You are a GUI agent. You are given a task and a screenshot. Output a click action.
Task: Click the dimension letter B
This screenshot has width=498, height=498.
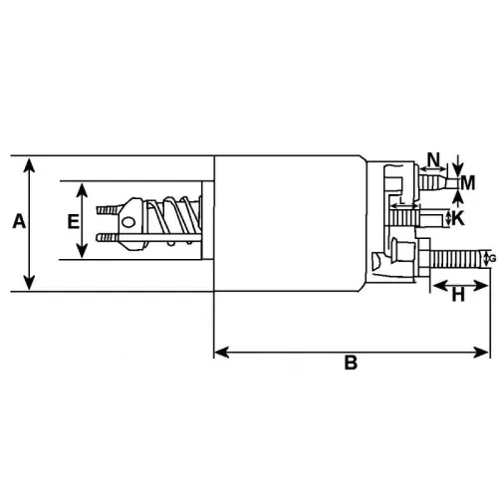click(351, 364)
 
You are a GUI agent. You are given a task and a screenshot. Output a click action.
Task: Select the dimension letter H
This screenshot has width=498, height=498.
click(458, 295)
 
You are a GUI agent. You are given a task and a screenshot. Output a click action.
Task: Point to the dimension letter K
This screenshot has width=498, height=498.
click(459, 218)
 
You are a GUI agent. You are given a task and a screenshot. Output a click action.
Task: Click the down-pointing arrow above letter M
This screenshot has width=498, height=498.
click(457, 166)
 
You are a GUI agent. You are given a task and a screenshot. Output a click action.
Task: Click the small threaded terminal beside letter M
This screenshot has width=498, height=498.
click(434, 183)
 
